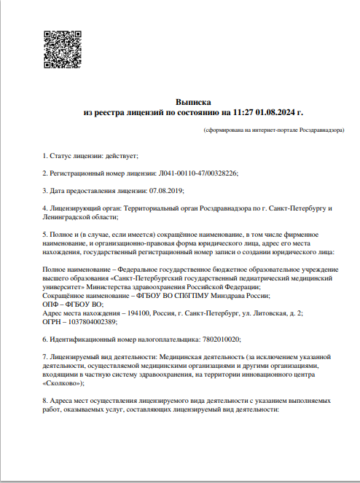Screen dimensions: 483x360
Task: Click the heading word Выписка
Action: point(192,103)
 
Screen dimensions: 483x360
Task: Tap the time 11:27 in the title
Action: point(242,114)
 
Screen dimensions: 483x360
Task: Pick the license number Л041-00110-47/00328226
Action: point(197,173)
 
